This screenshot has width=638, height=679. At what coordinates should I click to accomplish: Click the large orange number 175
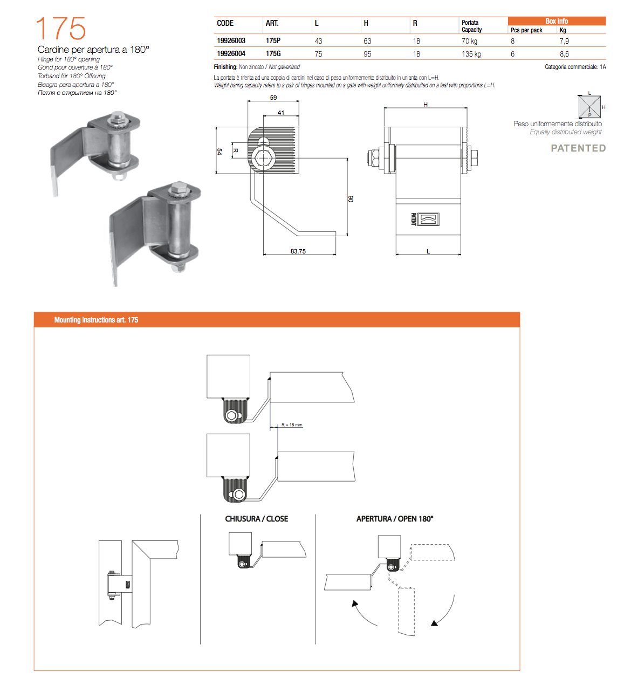pos(61,29)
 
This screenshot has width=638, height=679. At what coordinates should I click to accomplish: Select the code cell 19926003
pos(231,41)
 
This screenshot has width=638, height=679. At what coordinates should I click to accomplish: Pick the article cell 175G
pos(273,54)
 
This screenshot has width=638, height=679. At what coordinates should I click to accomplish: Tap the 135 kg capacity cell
pos(471,54)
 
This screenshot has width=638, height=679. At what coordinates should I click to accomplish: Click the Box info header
pos(557,21)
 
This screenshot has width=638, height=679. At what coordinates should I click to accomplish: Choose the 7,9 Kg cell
pos(564,41)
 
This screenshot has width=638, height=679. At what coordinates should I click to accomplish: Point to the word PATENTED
pos(578,148)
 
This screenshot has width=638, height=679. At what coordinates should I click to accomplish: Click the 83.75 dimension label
pos(298,251)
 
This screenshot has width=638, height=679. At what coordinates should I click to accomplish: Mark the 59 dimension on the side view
pos(273,98)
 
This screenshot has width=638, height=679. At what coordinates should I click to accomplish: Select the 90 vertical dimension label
pos(351,199)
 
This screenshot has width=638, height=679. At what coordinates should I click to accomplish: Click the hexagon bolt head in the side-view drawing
pos(264,158)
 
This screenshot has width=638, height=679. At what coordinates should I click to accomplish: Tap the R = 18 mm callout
pos(292,425)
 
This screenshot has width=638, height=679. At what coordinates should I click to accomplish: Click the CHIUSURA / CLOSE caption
pos(257,519)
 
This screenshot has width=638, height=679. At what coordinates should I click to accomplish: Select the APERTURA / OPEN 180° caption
pos(395,519)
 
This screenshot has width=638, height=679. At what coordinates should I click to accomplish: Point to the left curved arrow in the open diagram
pos(362,613)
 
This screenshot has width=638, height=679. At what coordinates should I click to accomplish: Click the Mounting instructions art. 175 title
pos(96,320)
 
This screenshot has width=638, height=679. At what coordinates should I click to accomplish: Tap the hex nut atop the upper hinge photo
pos(117,117)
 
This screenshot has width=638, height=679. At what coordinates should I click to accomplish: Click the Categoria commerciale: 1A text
pos(575,67)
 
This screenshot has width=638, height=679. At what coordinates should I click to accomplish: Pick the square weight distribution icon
pos(589,107)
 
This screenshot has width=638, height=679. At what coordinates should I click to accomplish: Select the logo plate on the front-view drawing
pos(424,219)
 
